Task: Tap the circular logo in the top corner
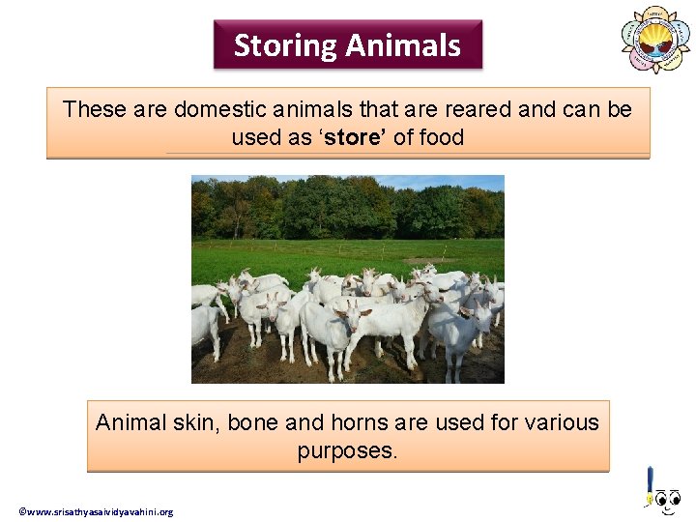pyautogui.click(x=655, y=39)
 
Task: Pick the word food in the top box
pyautogui.click(x=443, y=137)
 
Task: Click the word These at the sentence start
pyautogui.click(x=95, y=109)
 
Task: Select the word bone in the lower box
pyautogui.click(x=253, y=422)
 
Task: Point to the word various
pyautogui.click(x=562, y=422)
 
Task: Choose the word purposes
pyautogui.click(x=347, y=451)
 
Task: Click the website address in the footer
pyautogui.click(x=96, y=511)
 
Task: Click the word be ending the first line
pyautogui.click(x=620, y=109)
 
